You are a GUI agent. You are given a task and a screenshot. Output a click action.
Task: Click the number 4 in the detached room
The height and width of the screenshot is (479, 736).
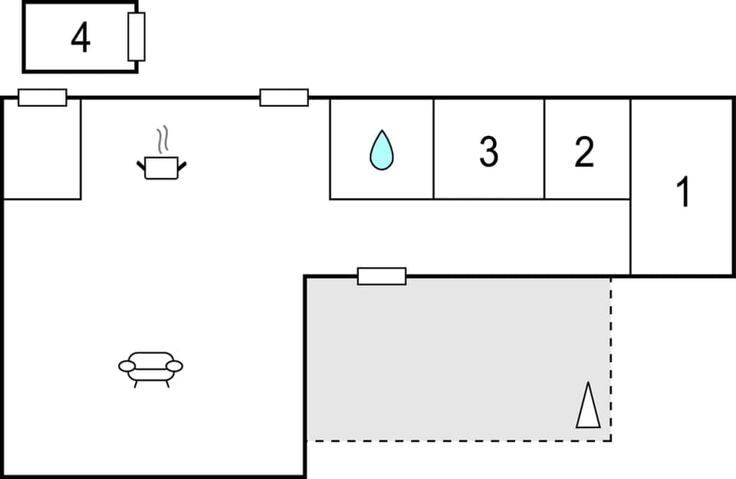click(80, 38)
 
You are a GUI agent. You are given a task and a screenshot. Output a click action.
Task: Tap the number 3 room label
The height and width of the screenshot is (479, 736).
click(488, 151)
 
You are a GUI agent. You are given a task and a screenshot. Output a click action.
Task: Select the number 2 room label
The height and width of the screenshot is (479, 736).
click(584, 152)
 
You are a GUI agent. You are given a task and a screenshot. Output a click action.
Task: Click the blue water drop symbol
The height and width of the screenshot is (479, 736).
click(381, 150)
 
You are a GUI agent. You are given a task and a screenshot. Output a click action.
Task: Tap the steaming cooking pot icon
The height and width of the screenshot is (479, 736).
click(162, 166)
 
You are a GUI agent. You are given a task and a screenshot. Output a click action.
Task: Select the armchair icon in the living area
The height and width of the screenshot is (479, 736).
click(151, 367)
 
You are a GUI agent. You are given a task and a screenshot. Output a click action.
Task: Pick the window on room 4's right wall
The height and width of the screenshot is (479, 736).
click(136, 37)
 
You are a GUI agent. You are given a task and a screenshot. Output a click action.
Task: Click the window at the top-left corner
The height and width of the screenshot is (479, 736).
click(42, 97)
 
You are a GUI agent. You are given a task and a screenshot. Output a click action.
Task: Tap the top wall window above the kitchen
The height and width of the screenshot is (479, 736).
click(284, 97)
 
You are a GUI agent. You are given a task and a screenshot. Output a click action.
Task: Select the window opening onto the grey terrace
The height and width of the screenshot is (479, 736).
click(382, 276)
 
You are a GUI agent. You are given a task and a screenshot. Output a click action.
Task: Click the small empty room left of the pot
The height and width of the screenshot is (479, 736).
click(42, 149)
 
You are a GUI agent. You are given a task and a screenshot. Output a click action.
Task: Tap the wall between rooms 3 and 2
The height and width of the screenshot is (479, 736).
click(544, 149)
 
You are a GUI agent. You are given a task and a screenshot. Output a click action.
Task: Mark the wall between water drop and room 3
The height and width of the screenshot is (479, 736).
click(434, 149)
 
